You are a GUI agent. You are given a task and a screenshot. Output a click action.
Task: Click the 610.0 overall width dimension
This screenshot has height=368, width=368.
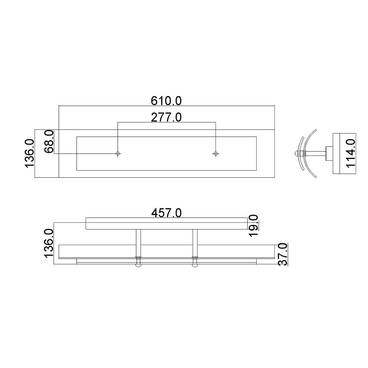click(166, 100)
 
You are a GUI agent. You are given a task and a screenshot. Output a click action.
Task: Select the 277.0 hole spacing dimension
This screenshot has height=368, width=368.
click(166, 117)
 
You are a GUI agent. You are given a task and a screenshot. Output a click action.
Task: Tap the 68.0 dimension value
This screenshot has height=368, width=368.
click(49, 141)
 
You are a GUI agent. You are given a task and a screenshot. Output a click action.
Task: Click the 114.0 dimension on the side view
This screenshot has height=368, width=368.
click(351, 153)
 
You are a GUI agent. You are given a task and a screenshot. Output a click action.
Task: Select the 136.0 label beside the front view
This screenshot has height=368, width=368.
click(49, 243)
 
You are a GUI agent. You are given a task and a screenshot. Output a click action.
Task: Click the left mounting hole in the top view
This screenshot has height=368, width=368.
click(117, 153)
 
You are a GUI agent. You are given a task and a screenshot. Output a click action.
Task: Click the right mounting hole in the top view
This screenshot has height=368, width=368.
click(216, 153)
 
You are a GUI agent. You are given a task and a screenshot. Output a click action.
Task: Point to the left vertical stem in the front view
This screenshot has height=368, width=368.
click(138, 242)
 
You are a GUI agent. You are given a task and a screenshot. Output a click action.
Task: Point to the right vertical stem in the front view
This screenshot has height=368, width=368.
click(195, 242)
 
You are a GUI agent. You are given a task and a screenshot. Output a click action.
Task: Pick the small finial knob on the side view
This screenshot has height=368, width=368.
click(296, 153)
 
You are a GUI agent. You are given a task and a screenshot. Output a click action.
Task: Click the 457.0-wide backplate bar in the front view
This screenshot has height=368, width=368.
click(166, 224)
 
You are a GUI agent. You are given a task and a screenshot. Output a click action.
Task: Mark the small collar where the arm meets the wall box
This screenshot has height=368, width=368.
click(329, 153)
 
